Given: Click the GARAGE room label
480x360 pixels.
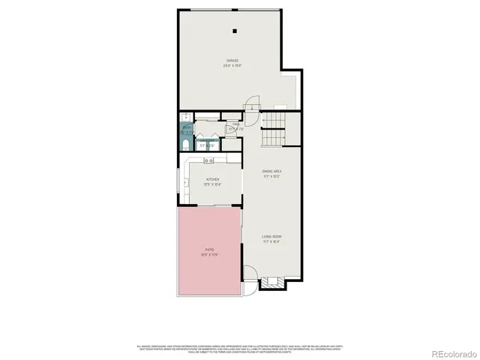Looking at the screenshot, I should point(233,60).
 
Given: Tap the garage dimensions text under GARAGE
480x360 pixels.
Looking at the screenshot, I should point(233,65).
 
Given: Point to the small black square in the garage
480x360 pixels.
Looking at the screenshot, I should point(234,31).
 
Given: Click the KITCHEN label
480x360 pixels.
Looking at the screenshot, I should point(212,179).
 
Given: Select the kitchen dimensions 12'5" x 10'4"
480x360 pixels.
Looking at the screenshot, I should point(212,184).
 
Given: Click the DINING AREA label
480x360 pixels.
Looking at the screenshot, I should point(271,172).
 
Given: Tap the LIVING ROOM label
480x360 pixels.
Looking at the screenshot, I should point(271,237).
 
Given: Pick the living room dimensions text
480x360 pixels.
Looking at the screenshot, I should point(271,242).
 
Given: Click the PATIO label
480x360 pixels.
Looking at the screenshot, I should point(209,250).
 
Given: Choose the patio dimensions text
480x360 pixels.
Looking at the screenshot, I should point(209,255).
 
